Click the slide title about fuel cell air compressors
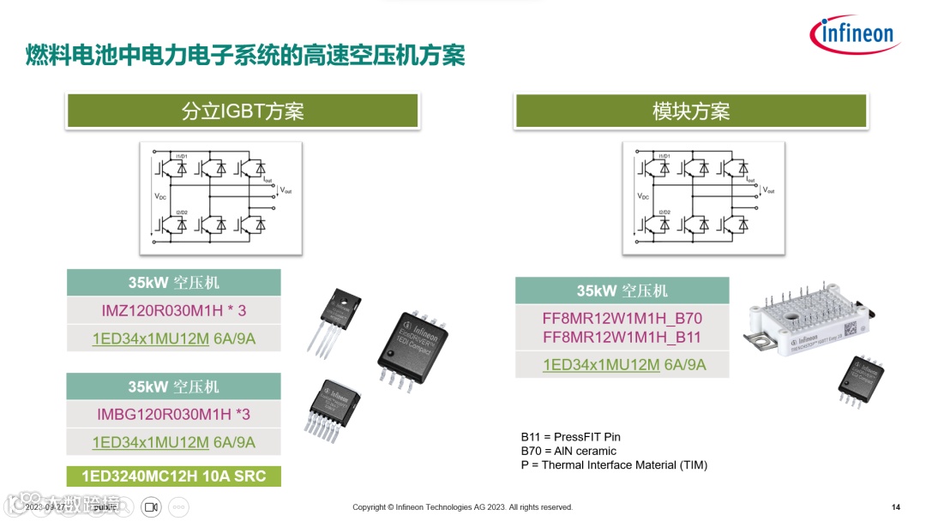245,56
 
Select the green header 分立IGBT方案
243,111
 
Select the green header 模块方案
691,111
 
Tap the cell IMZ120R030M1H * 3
174,310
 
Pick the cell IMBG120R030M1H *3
174,415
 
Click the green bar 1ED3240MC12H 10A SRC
174,476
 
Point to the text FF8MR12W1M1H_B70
622,318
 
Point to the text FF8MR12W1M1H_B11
622,337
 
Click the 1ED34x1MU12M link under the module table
601,364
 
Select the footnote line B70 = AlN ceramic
568,451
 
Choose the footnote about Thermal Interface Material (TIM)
614,464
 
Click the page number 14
896,507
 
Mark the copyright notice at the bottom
462,507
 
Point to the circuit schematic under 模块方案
703,198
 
